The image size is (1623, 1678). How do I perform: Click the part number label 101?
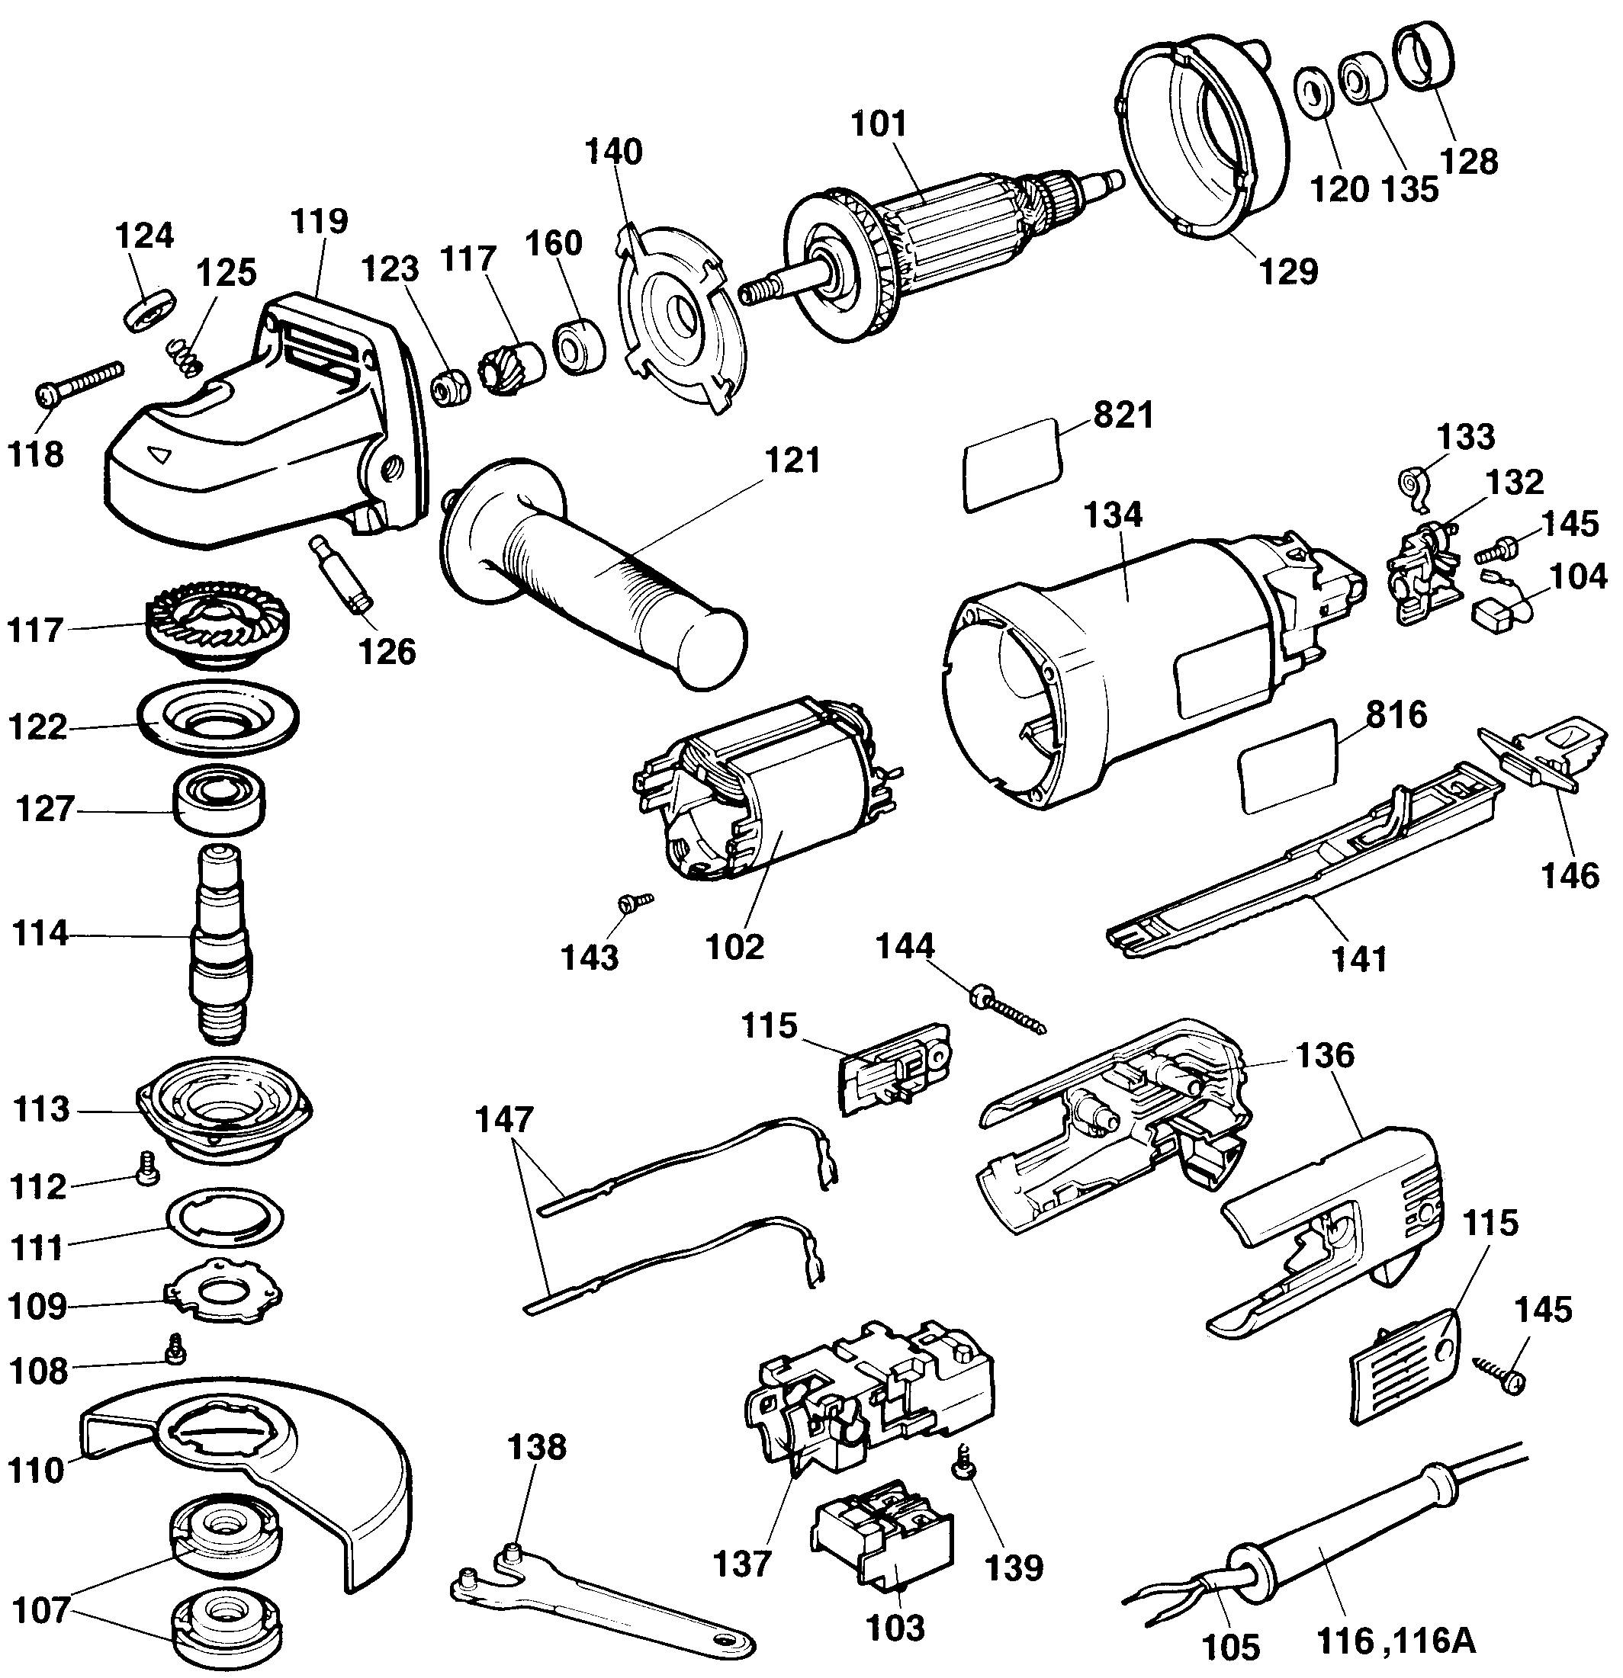[x=879, y=124]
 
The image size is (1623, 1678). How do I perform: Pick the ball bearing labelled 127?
[x=219, y=798]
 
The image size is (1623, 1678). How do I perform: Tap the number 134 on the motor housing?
[x=1113, y=515]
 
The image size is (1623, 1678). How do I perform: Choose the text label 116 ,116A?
[x=1395, y=1641]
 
